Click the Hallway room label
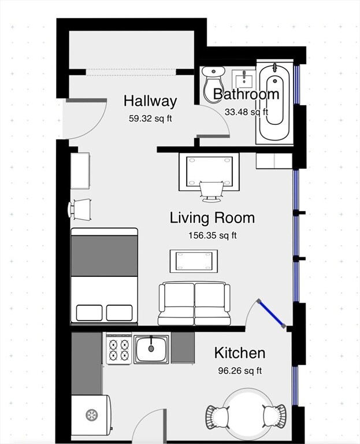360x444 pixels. coord(150,101)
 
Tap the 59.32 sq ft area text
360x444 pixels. coord(150,119)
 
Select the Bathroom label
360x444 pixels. coord(246,94)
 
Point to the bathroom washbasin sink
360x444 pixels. coord(245,77)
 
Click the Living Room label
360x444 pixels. coord(212,218)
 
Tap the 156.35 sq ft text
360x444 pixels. coord(212,235)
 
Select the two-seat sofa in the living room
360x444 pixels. coord(194,303)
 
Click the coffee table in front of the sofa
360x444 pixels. coord(194,261)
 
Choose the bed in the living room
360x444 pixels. coord(105,275)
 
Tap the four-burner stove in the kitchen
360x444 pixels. coord(119,350)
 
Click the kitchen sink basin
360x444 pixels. coord(151,349)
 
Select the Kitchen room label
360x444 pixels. coord(240,353)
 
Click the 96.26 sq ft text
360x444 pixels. coord(240,371)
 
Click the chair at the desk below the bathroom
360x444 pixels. coord(211,191)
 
